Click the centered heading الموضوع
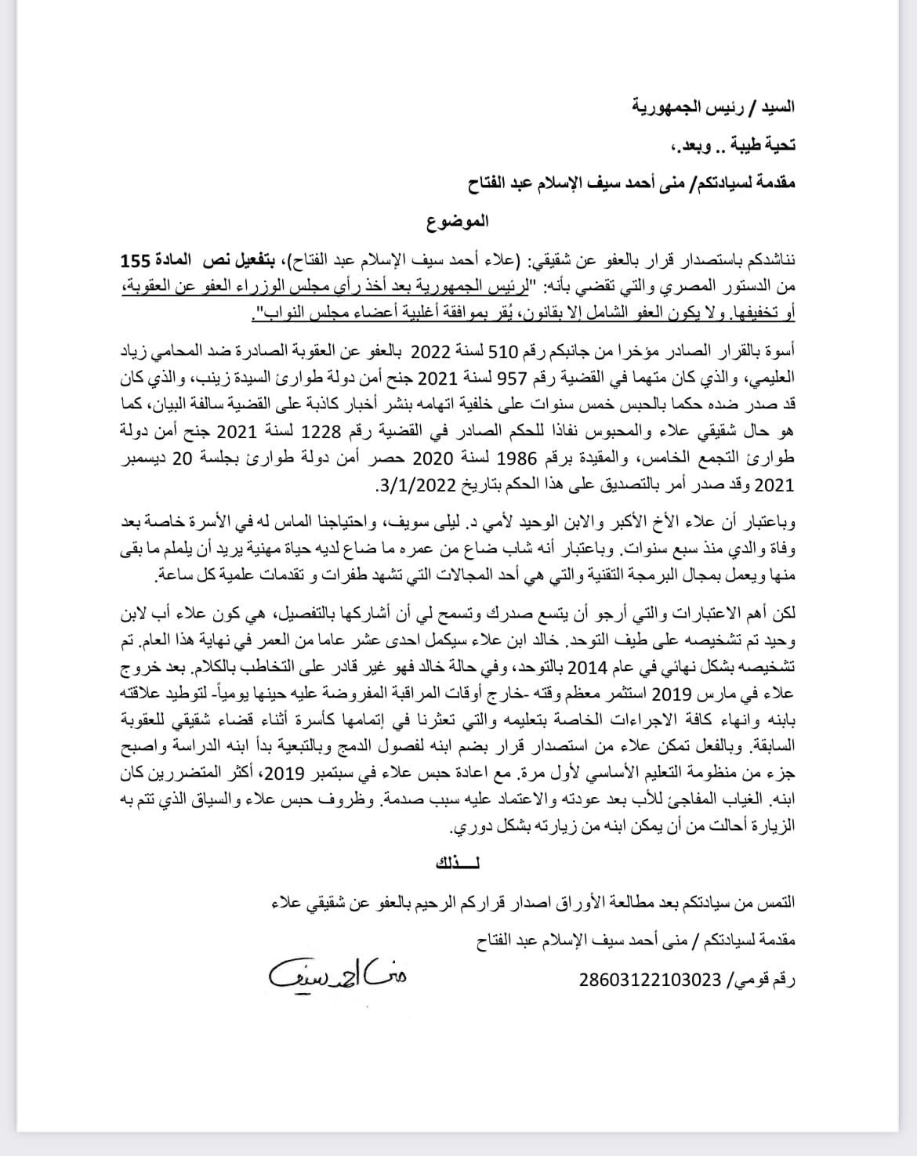click(x=458, y=221)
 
